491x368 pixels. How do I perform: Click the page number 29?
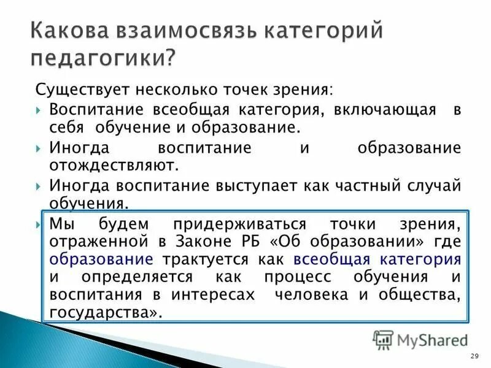point(473,357)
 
